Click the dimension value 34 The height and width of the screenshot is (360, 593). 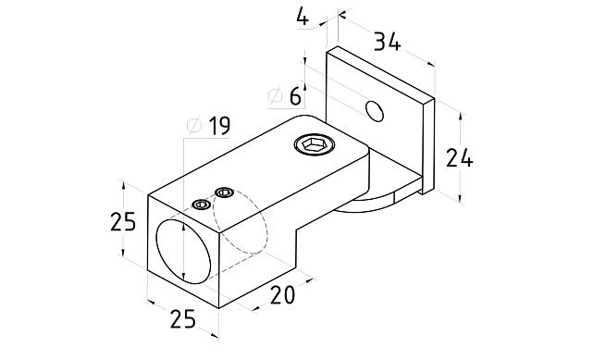tap(387, 42)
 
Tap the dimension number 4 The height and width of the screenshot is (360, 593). tap(303, 17)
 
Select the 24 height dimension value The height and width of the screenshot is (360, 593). tap(459, 158)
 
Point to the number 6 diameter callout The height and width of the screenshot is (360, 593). tap(296, 96)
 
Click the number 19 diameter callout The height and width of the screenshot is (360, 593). tap(219, 126)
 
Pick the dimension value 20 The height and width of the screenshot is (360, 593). tap(282, 295)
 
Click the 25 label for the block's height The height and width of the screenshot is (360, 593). tap(123, 221)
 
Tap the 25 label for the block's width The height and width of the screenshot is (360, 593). tap(183, 318)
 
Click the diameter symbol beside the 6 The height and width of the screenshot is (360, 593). tap(276, 96)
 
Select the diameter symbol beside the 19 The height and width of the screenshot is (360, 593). tap(195, 126)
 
